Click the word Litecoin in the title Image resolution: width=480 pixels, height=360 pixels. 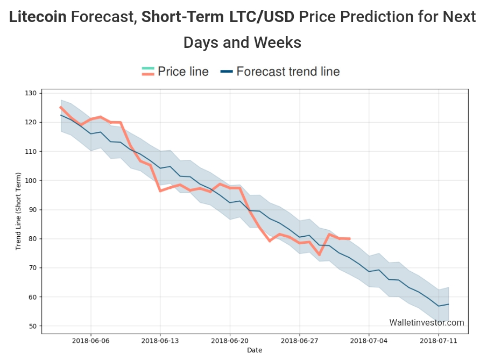coord(38,17)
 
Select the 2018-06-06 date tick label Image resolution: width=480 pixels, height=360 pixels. coord(90,341)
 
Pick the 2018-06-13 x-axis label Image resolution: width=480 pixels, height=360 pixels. coord(160,341)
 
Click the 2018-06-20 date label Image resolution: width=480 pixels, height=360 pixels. coord(230,341)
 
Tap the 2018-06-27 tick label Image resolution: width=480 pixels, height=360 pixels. coord(299,341)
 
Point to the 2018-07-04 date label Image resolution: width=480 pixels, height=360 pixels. coord(369,341)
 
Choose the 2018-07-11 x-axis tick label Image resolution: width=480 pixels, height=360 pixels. coord(439,341)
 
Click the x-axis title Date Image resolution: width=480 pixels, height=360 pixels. coord(255,350)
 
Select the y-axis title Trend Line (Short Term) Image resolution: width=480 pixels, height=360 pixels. coord(18,211)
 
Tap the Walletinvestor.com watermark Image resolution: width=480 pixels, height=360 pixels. coord(426,323)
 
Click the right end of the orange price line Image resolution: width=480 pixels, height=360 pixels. coord(350,238)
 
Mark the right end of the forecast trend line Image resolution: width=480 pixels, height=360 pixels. coord(448,304)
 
